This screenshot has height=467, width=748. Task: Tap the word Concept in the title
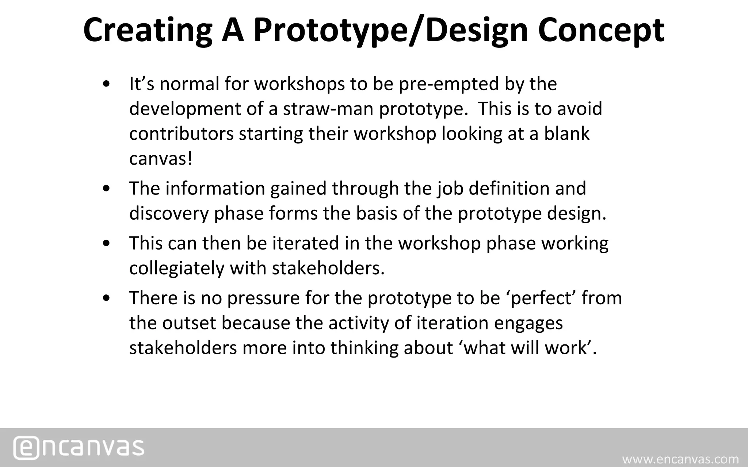601,31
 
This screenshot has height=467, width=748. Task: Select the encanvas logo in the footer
79,447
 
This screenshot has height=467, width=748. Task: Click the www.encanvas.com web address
680,459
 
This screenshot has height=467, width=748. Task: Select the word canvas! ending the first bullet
160,159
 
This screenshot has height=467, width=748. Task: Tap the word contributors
181,134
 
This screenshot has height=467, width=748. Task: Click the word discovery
169,213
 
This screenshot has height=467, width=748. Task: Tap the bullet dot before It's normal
106,84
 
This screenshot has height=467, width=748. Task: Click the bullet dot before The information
106,189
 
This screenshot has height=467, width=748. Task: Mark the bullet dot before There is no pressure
106,298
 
